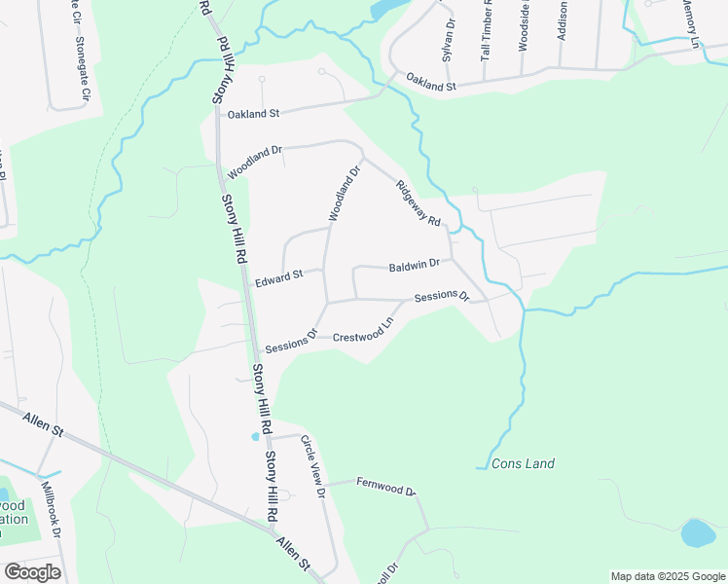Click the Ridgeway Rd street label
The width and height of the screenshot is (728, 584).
(x=419, y=202)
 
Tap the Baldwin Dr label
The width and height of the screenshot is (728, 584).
(x=415, y=265)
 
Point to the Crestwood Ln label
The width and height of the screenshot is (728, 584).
(x=364, y=330)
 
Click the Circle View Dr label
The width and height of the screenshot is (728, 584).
(x=310, y=466)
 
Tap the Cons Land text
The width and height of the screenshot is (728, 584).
(x=524, y=463)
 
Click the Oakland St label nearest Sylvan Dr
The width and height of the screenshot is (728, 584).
(x=431, y=82)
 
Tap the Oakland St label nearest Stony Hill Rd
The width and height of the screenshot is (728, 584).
(x=253, y=114)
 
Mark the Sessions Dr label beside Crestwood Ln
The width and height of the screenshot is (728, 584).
(x=292, y=341)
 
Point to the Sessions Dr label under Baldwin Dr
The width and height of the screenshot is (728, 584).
(x=442, y=296)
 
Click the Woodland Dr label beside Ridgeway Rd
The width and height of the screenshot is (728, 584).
(x=344, y=193)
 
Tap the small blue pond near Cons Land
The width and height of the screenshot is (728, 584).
(x=699, y=533)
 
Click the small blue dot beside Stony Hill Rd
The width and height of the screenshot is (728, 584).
(x=256, y=436)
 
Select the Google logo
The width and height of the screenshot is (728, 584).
(x=32, y=571)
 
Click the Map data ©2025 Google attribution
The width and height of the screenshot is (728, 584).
(x=668, y=576)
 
